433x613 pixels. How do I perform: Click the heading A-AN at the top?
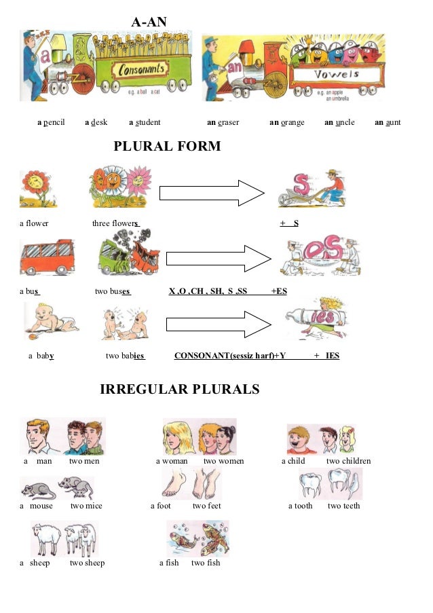click(x=148, y=23)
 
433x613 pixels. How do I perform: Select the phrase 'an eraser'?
click(x=223, y=123)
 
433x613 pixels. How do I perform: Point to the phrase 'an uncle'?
click(x=339, y=123)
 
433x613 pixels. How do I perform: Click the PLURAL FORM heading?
click(x=167, y=147)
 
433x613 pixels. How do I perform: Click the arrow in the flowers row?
click(x=211, y=193)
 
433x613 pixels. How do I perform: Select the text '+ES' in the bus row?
click(x=279, y=291)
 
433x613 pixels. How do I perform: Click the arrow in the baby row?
click(x=219, y=324)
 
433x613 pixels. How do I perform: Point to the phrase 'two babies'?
click(x=126, y=355)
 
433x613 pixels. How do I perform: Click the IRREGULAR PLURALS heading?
click(x=179, y=390)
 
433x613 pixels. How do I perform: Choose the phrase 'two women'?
click(x=223, y=462)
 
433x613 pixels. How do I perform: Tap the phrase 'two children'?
click(x=348, y=462)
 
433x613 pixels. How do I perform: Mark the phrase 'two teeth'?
click(x=343, y=506)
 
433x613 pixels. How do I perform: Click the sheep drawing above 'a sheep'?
click(x=64, y=539)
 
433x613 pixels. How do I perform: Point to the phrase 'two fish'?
click(x=206, y=563)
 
